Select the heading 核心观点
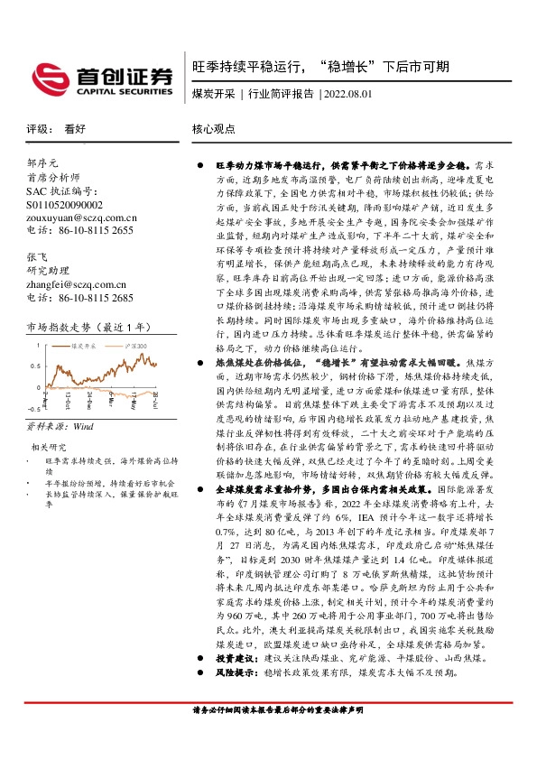(212, 129)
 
